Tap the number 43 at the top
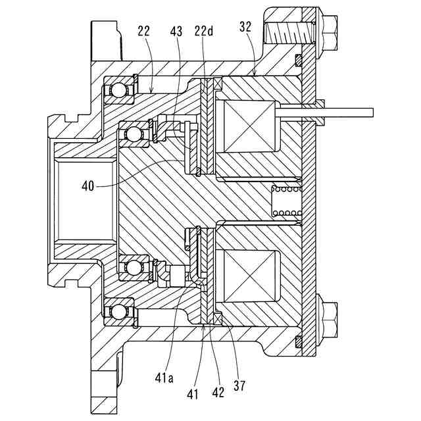[x=176, y=31]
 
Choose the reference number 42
[x=218, y=391]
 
